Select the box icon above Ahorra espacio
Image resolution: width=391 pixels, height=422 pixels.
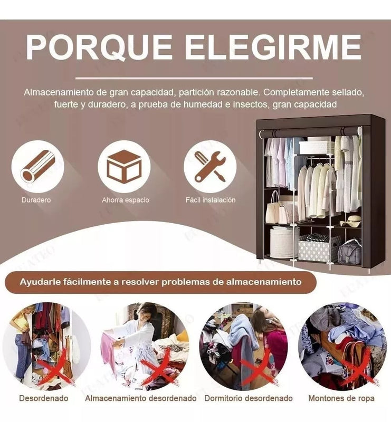(124, 167)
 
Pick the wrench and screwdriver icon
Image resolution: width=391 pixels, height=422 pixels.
(210, 167)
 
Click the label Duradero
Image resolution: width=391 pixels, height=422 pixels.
(36, 200)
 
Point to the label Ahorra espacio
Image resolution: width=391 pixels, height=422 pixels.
(126, 200)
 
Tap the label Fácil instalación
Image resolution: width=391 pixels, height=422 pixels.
(211, 200)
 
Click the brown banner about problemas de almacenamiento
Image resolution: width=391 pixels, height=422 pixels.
(160, 282)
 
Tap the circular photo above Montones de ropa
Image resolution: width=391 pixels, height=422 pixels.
(342, 346)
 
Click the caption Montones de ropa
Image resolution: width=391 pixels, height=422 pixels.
(341, 398)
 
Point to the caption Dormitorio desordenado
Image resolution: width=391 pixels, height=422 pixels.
(248, 398)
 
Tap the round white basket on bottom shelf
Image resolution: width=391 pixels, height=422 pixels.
(284, 242)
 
